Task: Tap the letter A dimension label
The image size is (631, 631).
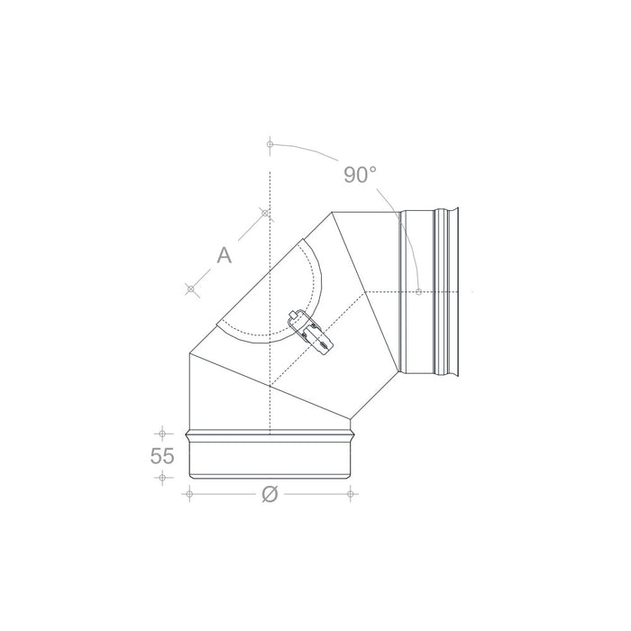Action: (x=224, y=255)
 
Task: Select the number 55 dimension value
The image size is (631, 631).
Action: (x=162, y=456)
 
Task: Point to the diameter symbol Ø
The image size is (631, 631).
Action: (x=269, y=493)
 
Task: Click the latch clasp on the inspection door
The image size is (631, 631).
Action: (x=308, y=328)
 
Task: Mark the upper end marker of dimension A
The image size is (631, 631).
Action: (x=265, y=213)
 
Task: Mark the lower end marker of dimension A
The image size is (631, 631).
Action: (x=190, y=288)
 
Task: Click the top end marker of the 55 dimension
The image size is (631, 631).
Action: (x=162, y=431)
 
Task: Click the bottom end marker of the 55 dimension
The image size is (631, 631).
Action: (x=162, y=479)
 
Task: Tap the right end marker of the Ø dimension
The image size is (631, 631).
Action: (x=351, y=493)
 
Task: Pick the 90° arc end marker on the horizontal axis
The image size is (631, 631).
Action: (x=420, y=291)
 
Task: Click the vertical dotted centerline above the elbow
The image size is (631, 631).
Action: (x=270, y=180)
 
